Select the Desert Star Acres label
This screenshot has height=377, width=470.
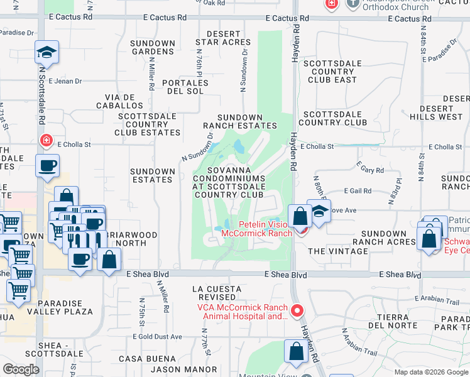223,38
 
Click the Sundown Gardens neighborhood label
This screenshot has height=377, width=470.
153,48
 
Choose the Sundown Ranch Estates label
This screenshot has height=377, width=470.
239,121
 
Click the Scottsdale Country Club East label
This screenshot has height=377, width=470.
332,72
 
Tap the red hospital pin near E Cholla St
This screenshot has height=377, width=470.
46,140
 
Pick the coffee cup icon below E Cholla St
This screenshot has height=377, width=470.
48,167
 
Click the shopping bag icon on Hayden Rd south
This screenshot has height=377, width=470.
295,352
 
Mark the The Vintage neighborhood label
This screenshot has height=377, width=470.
338,251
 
